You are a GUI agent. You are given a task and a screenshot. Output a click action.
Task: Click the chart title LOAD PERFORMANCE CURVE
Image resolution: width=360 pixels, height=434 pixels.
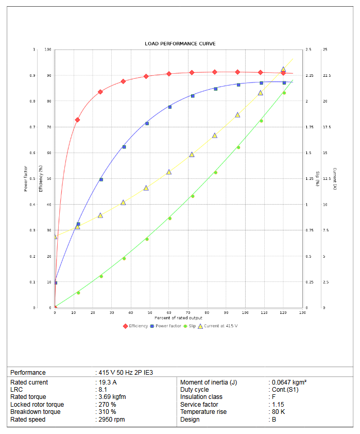(180, 44)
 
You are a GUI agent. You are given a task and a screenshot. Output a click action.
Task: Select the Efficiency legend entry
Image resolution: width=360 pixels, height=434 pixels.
(135, 326)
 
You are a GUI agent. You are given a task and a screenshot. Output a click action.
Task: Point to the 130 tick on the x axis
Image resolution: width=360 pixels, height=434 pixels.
(302, 313)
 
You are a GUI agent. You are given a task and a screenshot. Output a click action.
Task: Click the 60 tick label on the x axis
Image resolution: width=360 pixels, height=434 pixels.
(169, 313)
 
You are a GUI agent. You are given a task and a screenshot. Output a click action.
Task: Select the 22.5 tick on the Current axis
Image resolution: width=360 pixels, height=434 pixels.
(327, 76)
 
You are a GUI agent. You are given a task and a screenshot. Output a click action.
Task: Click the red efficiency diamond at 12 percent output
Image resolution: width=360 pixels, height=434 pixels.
(77, 120)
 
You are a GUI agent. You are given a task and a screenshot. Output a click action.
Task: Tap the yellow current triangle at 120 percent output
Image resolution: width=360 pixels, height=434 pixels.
(283, 70)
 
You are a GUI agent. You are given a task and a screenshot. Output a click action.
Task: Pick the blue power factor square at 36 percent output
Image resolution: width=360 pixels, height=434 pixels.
(124, 147)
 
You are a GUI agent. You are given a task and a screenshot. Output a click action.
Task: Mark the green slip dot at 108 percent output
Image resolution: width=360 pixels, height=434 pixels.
(261, 121)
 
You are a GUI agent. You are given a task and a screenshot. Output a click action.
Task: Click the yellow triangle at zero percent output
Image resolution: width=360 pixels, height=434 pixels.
(55, 236)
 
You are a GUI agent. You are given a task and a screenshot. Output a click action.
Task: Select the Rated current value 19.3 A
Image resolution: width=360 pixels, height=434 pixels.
(108, 382)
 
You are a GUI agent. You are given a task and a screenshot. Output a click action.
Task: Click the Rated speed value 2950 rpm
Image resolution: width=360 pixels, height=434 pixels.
(112, 420)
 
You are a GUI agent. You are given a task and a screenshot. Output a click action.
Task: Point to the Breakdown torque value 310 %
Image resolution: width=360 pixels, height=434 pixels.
(108, 412)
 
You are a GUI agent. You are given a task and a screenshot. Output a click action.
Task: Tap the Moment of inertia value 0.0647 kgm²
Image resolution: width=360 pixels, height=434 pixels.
(289, 382)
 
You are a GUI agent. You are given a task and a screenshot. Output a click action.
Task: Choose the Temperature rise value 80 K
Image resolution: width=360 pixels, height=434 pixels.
(279, 412)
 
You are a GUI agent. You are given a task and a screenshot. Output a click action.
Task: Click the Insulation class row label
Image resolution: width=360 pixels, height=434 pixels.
(201, 397)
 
